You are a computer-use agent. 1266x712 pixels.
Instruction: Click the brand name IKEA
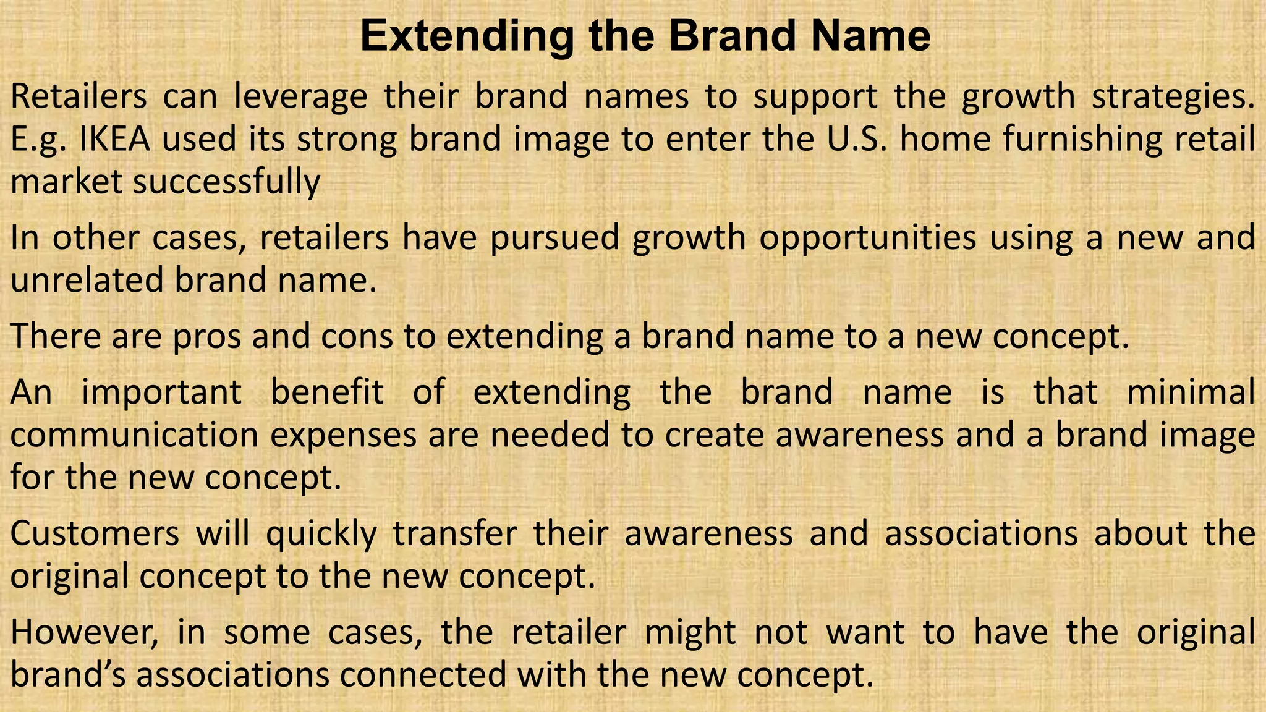[x=115, y=139]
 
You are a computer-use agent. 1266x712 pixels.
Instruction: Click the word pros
[x=206, y=336]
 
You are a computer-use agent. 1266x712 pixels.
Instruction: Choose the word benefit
[x=327, y=392]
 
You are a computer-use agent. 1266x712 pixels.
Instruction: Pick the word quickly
[x=321, y=533]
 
